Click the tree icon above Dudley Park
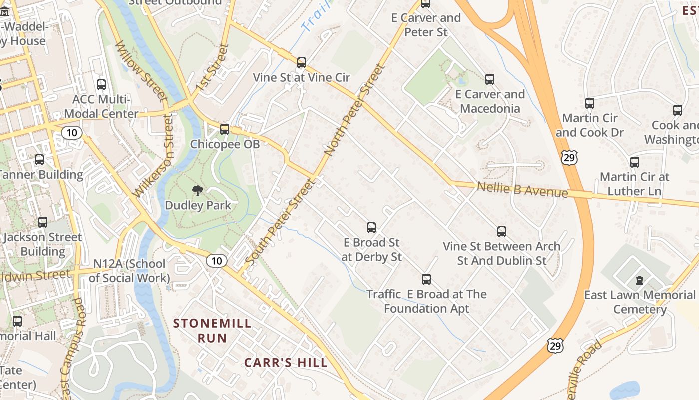pos(198,190)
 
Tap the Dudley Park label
pos(198,205)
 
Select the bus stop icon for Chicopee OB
pos(225,129)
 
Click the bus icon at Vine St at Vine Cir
pos(302,63)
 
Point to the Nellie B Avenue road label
pos(522,190)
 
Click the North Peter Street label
pos(355,109)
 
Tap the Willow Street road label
pos(141,70)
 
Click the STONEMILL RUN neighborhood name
pos(212,331)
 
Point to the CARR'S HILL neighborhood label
pos(286,363)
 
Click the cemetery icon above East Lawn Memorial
pos(640,280)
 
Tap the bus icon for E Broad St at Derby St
pos(371,228)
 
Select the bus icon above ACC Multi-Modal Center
pos(101,85)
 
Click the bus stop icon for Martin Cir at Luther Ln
pos(635,162)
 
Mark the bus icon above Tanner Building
pos(39,160)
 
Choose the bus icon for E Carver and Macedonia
pos(490,79)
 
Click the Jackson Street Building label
pos(42,244)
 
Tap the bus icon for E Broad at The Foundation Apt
pos(426,279)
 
